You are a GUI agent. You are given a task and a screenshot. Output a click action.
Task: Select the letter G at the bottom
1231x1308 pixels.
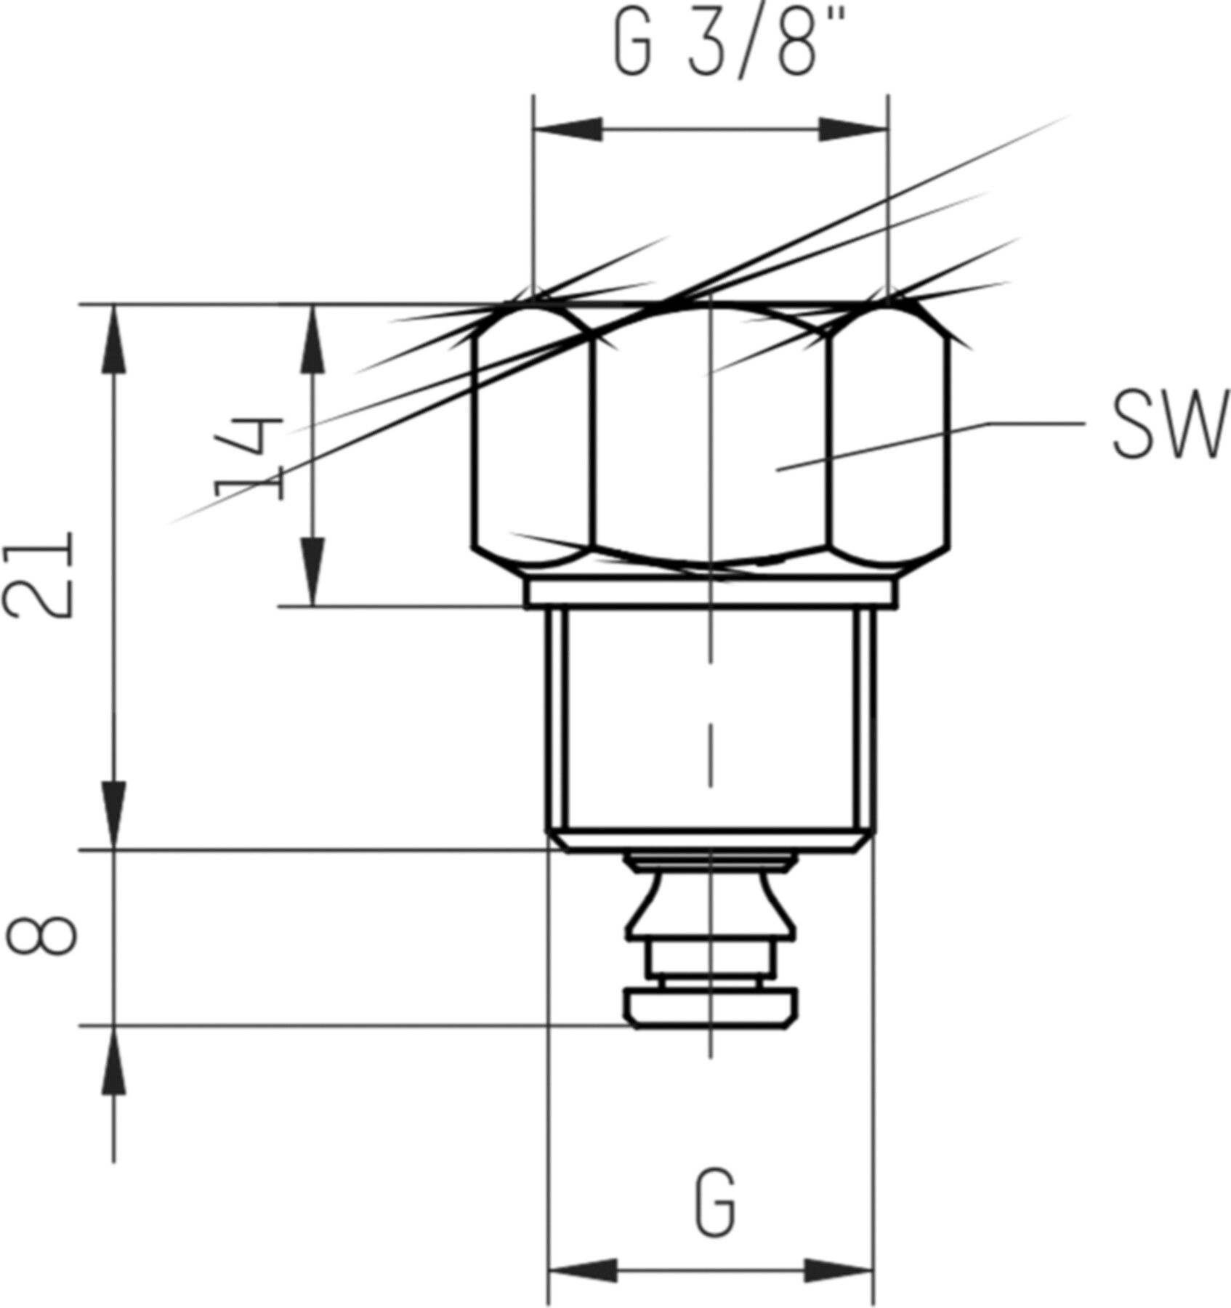[717, 1203]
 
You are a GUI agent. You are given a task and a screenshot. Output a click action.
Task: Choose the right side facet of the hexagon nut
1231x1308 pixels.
[889, 443]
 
